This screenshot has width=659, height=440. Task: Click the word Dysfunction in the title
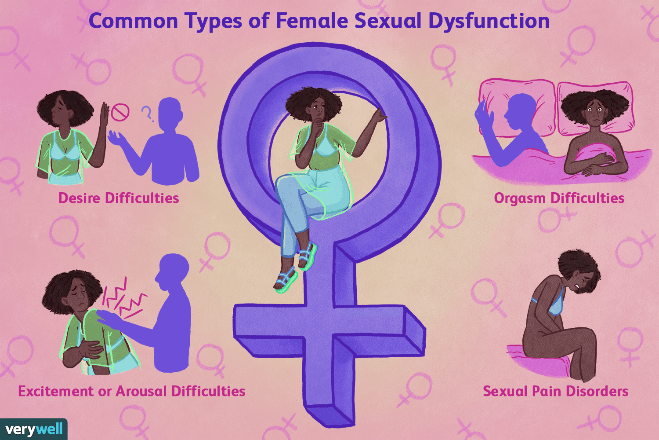[489, 21]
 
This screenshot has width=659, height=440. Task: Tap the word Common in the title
[133, 21]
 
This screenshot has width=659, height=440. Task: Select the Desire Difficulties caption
[119, 198]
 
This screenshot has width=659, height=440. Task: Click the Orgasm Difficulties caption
[559, 198]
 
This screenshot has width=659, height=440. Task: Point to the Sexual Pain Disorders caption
[555, 391]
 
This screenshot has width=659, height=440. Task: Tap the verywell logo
[34, 429]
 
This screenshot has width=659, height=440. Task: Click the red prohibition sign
[120, 112]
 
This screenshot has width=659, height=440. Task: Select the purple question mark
[148, 114]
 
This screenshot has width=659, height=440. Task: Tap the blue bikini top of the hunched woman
[554, 304]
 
